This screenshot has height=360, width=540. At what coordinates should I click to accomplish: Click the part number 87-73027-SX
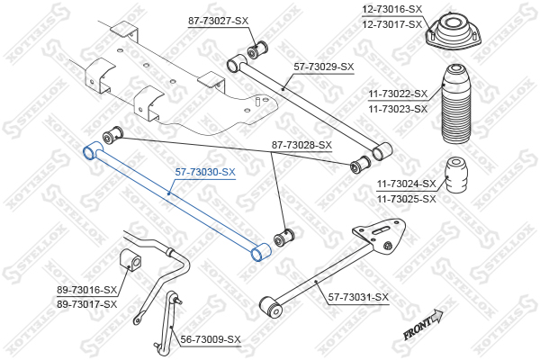[x=218, y=21]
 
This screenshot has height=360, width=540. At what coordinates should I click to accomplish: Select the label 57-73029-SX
[x=324, y=67]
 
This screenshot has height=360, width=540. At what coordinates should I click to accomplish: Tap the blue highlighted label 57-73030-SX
[x=205, y=172]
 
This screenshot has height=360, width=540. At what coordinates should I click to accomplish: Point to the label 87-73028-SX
[x=301, y=145]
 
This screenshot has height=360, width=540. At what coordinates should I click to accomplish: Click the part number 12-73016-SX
[x=391, y=9]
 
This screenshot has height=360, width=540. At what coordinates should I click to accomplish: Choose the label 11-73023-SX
[x=398, y=109]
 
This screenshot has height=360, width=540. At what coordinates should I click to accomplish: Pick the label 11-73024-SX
[x=407, y=184]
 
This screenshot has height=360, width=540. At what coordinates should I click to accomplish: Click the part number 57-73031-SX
[x=358, y=297]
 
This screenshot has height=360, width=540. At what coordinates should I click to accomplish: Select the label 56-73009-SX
[x=211, y=339]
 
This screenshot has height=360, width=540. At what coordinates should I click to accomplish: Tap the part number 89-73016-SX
[x=87, y=290]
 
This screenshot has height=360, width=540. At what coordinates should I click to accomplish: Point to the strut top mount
[x=454, y=32]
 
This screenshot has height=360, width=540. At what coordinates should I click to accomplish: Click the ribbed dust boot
[x=456, y=104]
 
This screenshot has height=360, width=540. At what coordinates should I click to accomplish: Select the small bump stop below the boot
[x=457, y=175]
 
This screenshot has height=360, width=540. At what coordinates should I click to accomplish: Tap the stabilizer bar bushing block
[x=130, y=259]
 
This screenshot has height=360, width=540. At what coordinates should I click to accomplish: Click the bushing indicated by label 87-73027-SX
[x=257, y=50]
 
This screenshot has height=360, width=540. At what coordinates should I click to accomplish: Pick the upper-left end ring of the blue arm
[x=93, y=150]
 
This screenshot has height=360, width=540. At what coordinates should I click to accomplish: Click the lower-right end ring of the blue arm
[x=261, y=252]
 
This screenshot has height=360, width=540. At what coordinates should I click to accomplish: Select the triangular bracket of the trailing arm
[x=380, y=235]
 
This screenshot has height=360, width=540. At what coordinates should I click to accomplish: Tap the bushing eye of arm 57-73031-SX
[x=272, y=307]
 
